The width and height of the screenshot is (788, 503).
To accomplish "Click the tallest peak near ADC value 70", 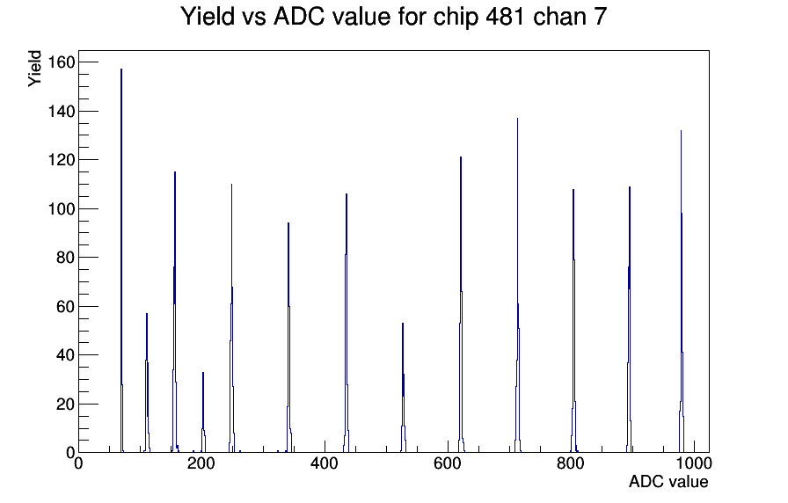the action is pos(121,261).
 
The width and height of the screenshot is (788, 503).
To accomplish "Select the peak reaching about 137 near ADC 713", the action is pos(518,287).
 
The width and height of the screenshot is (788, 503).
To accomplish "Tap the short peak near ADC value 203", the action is pos(203,413).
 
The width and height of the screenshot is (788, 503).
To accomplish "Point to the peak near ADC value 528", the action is pos(403,388).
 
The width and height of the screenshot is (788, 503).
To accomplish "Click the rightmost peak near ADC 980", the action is pos(682,291).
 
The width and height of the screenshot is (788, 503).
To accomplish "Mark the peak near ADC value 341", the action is pos(288,338).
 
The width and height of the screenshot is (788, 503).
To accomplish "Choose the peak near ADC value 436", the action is pos(347,323).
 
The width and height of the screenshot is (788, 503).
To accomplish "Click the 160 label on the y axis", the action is pos(61,62).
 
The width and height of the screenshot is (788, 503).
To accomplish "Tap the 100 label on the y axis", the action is pos(61,208).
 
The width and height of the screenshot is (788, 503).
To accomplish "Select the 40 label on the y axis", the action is pos(65,355).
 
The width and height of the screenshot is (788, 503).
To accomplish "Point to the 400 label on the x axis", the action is pos(325,463).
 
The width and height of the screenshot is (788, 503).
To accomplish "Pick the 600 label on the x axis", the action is pos(448,463).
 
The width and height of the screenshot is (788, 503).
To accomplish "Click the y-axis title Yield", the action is pos(34,69).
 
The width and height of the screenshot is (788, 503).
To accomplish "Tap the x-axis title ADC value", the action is pos(668,482).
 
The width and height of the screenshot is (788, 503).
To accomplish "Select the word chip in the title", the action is pos(456,18).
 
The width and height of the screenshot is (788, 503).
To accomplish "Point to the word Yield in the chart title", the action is pos(208,17).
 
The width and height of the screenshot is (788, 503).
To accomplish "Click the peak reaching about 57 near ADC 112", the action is pos(147,383).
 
